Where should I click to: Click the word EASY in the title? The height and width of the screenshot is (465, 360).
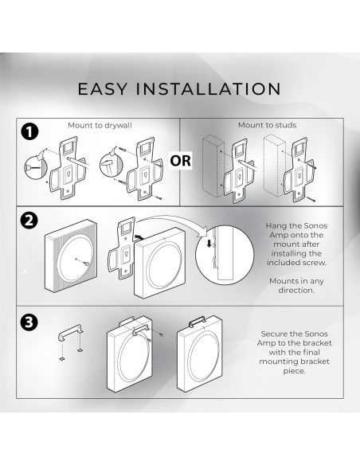[x=103, y=89]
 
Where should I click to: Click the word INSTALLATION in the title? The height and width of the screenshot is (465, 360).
[x=208, y=89]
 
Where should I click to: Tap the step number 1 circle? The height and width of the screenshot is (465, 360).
[x=29, y=131]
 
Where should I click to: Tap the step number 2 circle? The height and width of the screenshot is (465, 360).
[x=29, y=221]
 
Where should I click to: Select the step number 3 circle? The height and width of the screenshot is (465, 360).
[x=29, y=322]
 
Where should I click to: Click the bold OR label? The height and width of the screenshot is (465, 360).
[x=180, y=161]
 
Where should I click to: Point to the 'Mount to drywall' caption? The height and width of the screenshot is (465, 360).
[x=100, y=126]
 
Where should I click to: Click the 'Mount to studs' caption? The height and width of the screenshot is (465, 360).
[x=267, y=125]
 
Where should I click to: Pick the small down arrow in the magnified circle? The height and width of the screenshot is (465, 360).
[x=209, y=244]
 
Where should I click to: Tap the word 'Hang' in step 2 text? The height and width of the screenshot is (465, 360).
[x=276, y=226]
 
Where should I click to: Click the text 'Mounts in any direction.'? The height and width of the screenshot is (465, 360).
[x=296, y=286]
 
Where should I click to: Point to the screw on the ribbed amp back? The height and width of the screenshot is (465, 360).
[x=87, y=264]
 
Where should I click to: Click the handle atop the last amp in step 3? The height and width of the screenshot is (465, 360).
[x=197, y=321]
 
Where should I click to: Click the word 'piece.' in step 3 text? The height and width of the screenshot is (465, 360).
[x=294, y=371]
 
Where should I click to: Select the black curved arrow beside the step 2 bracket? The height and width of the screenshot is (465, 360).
[x=138, y=236]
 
